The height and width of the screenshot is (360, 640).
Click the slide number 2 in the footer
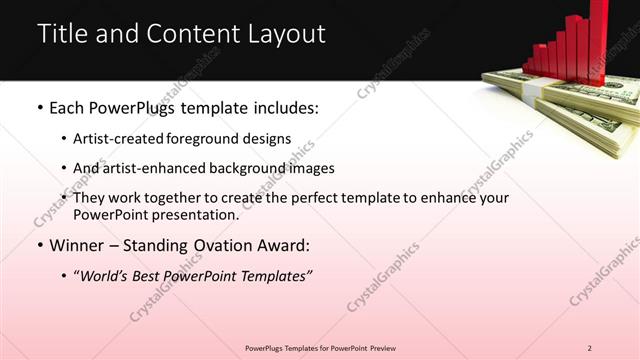590,347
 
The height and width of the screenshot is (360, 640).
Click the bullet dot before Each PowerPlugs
39,106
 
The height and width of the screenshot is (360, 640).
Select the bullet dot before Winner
39,245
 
